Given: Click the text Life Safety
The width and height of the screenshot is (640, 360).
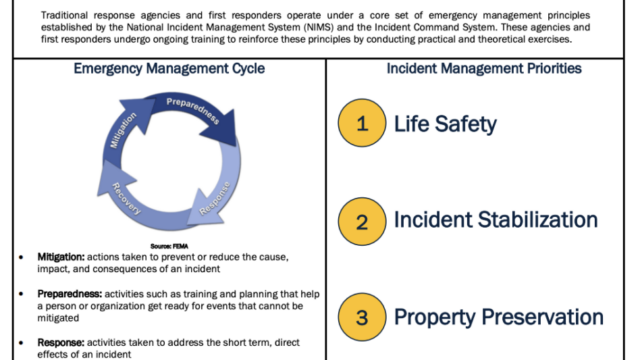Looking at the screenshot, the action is tap(446, 124).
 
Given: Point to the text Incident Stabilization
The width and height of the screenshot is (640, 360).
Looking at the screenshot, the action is tap(496, 220).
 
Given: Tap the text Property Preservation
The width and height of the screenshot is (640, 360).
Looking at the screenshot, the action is tap(499, 317).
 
